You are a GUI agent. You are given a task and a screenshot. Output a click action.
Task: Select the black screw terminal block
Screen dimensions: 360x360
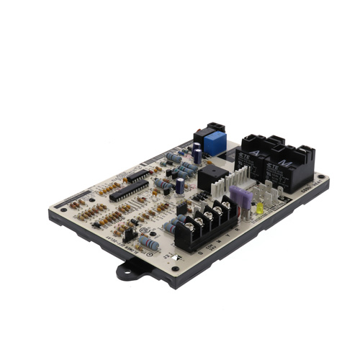coord(205,223)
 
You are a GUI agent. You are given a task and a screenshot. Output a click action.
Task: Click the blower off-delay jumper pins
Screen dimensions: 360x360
coord(130,234)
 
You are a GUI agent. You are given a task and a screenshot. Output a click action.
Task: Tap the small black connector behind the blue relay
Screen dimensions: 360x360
coord(211,127)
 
